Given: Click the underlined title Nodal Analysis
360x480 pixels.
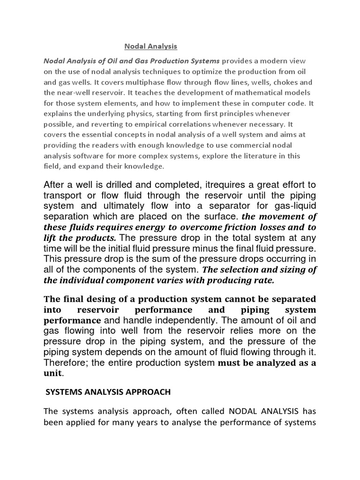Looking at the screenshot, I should coord(151,46).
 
